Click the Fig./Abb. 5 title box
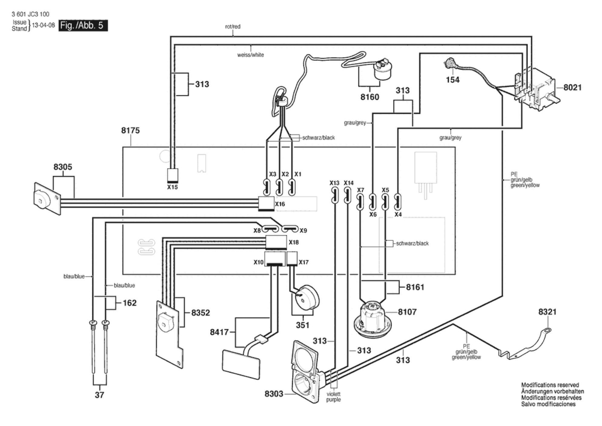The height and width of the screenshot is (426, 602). coord(83,25)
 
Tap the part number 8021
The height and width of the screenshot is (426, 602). coord(572,87)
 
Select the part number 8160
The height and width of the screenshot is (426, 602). coord(370,97)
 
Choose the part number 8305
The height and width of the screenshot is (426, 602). coord(63,167)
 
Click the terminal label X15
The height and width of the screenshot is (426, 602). coord(172,187)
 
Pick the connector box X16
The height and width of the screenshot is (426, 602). coord(266,204)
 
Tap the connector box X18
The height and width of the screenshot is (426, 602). coord(276,242)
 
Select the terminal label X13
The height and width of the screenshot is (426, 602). coord(334,183)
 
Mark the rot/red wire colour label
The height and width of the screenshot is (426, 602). coord(233,27)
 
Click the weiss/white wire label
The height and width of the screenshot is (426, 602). coord(250,55)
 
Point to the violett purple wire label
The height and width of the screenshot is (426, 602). coord(333,397)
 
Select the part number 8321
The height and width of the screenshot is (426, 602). coord(547,312)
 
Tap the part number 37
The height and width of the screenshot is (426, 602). coord(99,395)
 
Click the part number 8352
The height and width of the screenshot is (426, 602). coord(200,313)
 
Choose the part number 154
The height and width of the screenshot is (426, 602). coord(452,80)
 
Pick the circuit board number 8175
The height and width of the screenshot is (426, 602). coord(131,131)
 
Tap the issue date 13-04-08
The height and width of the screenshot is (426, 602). coord(43,25)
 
